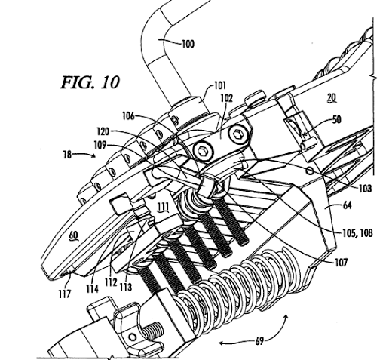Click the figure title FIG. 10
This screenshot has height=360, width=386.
tap(90, 82)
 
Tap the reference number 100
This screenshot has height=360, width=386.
tap(188, 45)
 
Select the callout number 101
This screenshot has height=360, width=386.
tap(220, 85)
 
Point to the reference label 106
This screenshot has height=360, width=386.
tap(128, 116)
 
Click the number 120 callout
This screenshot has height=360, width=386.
tap(103, 131)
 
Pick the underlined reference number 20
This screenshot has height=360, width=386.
tap(332, 97)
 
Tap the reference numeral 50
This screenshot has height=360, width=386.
tap(336, 119)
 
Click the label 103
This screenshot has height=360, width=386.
tap(365, 189)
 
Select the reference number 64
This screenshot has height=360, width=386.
tap(347, 205)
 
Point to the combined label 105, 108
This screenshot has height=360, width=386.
tap(358, 233)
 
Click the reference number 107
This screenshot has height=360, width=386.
tap(342, 263)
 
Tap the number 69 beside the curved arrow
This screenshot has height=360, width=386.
tap(259, 341)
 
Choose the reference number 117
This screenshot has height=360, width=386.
tap(65, 294)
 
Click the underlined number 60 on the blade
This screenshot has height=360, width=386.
tap(73, 236)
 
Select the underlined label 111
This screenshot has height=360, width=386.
tap(164, 208)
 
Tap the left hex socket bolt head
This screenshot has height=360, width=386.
tap(203, 152)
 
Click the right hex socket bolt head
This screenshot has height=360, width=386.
tap(237, 134)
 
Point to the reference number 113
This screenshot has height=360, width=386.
tap(126, 287)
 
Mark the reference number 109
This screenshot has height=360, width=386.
tap(100, 146)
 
